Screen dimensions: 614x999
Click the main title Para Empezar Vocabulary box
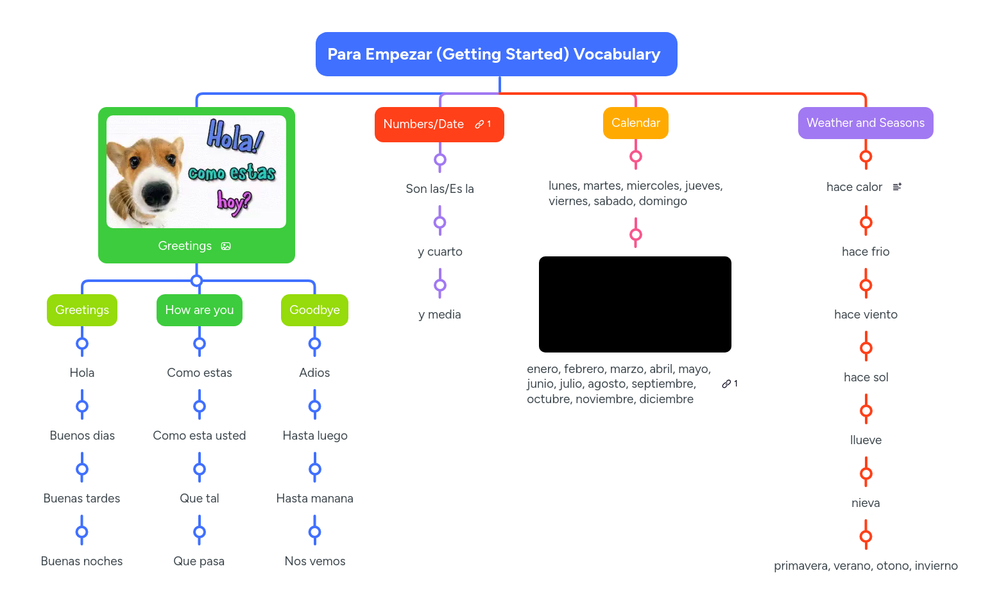pos(496,54)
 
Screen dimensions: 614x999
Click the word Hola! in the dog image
pos(235,136)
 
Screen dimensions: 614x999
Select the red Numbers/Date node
pos(424,124)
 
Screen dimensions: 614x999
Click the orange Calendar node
pos(635,123)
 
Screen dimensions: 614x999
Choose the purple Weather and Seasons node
pos(865,123)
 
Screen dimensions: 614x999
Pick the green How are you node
pos(199,310)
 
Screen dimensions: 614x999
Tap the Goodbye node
pos(314,310)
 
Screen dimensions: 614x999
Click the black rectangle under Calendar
pos(635,304)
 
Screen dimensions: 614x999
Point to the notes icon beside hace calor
pos(897,187)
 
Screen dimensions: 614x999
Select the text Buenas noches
pos(81,561)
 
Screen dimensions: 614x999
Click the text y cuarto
pos(440,252)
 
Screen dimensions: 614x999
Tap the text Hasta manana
pos(314,499)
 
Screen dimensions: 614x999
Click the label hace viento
pos(866,315)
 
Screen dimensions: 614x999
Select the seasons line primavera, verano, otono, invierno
pos(866,566)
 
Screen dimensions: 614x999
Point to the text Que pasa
pos(199,561)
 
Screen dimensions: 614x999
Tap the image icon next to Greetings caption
pos(226,246)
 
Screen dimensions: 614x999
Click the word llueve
pos(866,440)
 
